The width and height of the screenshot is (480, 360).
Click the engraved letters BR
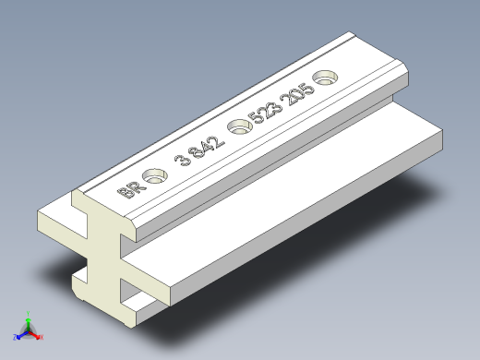131,190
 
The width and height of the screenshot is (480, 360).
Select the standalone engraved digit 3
182,160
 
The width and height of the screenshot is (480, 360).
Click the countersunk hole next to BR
157,174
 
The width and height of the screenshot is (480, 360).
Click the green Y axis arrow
28,317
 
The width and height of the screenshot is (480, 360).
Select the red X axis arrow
37,335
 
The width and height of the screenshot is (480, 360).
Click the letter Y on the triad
29,311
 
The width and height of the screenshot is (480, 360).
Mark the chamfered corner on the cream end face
133,225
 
